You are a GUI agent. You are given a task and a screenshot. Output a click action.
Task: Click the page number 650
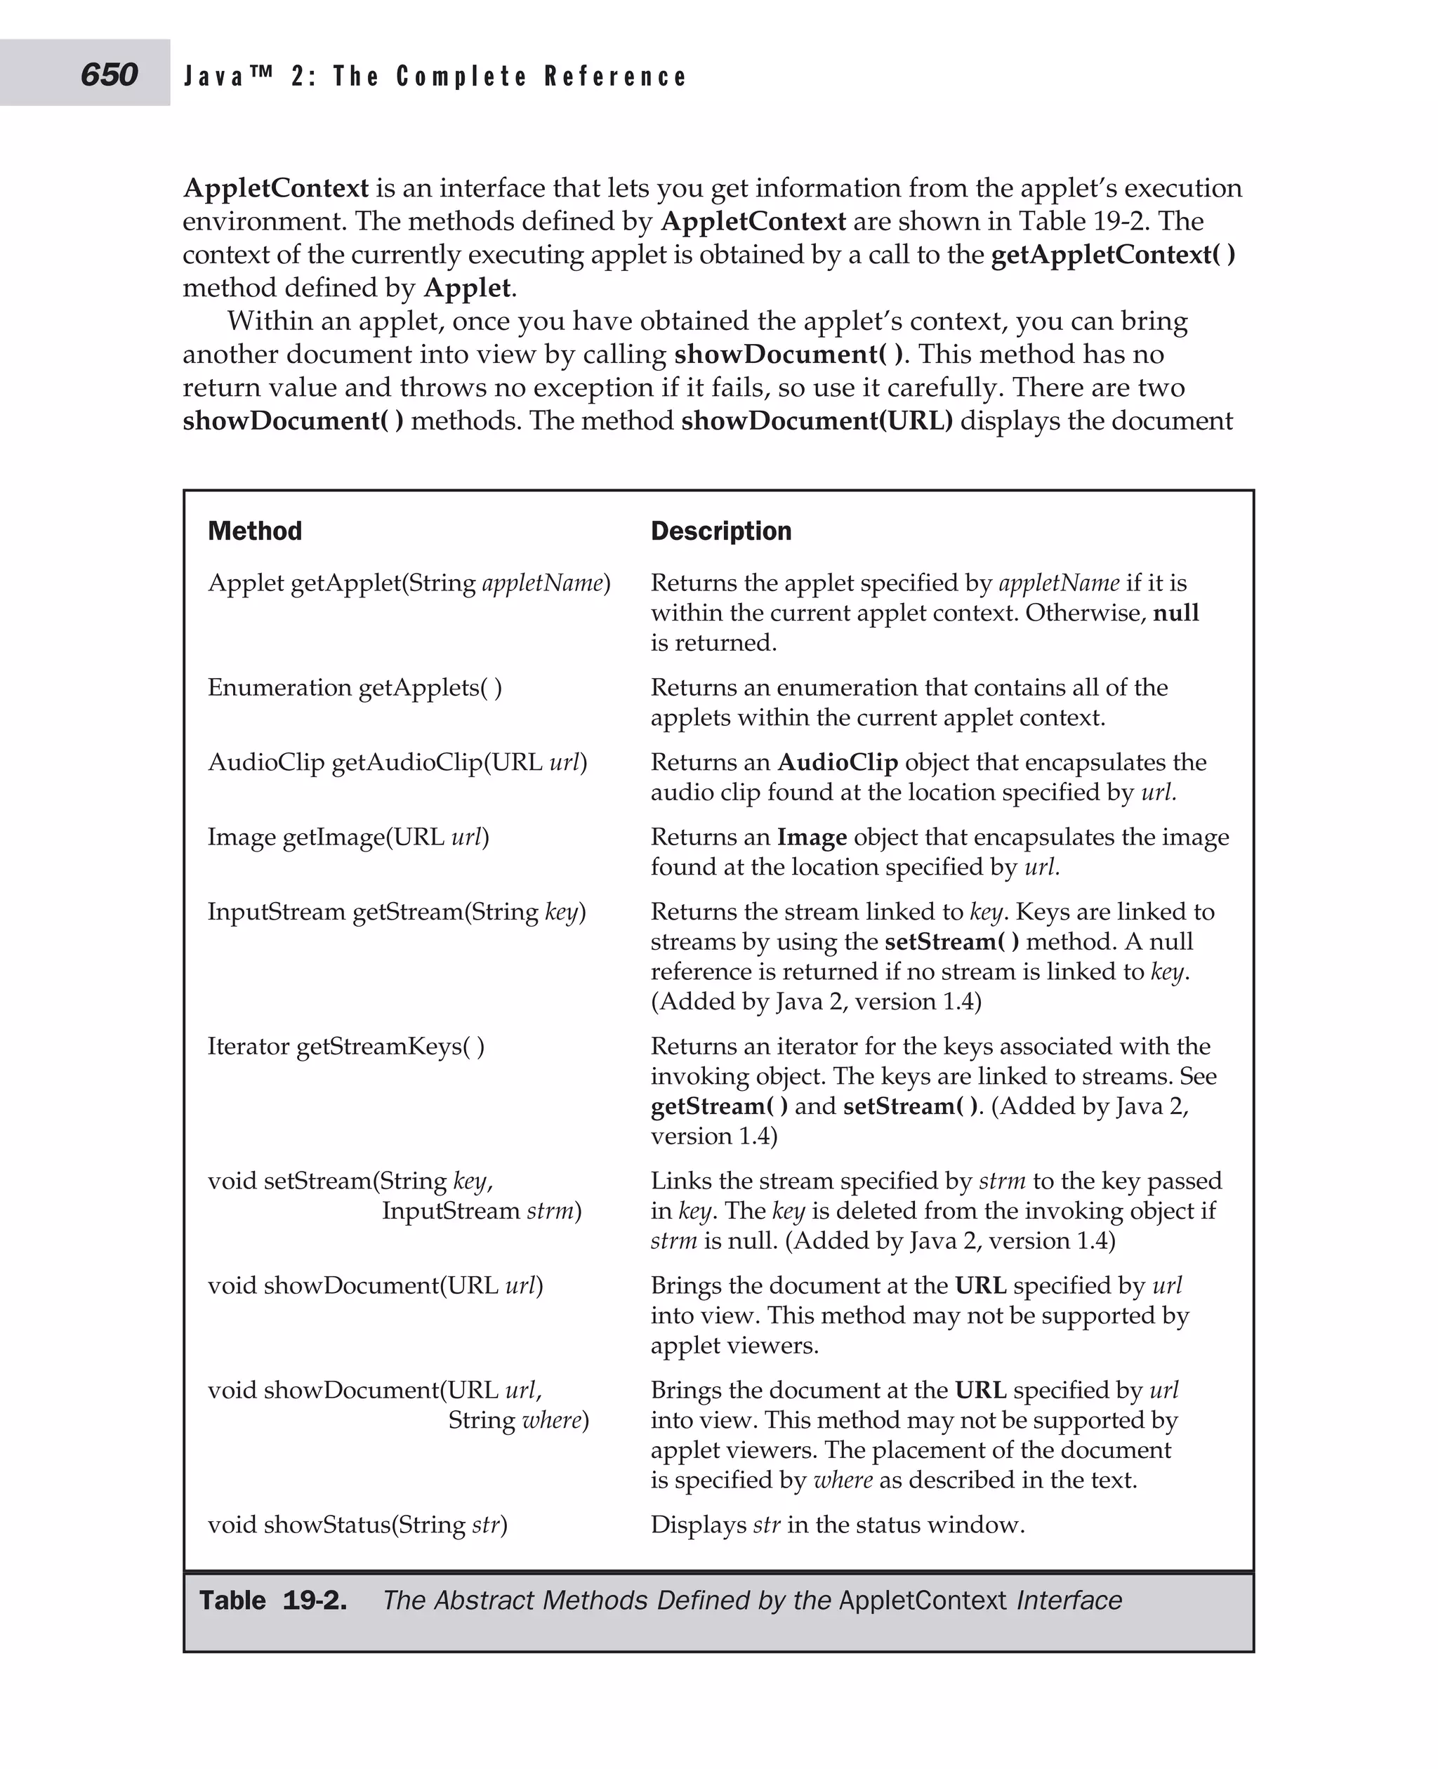tap(109, 74)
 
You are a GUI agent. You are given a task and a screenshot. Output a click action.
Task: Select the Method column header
tap(254, 531)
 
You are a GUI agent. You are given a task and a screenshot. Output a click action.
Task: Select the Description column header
tap(720, 531)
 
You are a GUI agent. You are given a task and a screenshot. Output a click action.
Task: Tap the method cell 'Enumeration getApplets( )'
tap(355, 687)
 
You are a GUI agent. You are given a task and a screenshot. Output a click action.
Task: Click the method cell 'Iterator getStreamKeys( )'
tap(345, 1046)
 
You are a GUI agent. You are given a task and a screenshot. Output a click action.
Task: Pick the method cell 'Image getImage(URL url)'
tap(348, 837)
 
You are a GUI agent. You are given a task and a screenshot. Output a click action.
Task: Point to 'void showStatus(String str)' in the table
tap(357, 1524)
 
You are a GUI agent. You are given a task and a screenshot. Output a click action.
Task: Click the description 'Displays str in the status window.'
tap(838, 1524)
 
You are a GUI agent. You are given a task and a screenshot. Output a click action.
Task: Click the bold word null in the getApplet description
tap(1175, 613)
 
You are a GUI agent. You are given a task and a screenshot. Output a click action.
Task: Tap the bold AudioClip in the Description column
tap(837, 762)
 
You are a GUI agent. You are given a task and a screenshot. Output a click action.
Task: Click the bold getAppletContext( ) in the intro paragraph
tap(1112, 254)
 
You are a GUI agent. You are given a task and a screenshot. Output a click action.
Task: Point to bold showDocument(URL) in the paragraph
tap(816, 420)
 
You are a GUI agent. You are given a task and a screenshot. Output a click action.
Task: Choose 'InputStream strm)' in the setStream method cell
tap(481, 1211)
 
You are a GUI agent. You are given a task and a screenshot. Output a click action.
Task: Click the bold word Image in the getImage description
tap(811, 837)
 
